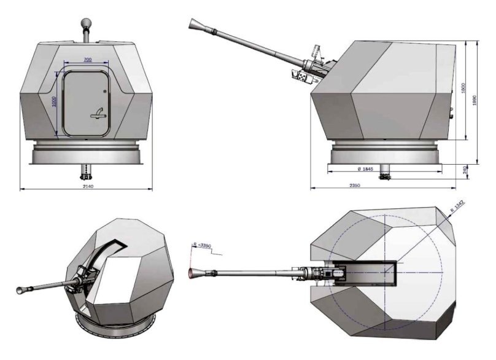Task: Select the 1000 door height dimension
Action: pos(54,100)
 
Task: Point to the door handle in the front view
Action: pos(96,112)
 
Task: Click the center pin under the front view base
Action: pos(86,168)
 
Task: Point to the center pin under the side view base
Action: pos(386,174)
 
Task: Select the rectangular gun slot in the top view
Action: pos(368,272)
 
